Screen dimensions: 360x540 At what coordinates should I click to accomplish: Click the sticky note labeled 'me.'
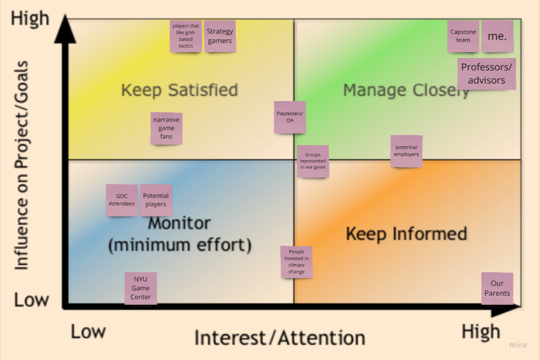coord(497,37)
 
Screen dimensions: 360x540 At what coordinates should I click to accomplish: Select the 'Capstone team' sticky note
coord(463,37)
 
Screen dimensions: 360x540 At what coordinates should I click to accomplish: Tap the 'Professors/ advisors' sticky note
coord(486,74)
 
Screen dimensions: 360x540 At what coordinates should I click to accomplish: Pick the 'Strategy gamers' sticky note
coord(220,36)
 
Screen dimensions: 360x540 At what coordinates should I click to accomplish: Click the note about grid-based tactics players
coord(186,36)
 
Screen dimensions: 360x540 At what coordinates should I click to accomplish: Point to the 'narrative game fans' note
coord(166,128)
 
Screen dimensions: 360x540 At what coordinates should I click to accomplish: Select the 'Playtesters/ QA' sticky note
coord(290,117)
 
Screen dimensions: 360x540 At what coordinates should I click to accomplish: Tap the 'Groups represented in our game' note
coord(313,161)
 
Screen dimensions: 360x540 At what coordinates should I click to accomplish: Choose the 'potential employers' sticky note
coord(406,151)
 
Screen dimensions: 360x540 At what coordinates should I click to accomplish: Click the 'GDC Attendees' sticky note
coord(122,200)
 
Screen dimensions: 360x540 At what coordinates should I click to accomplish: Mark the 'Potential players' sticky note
coord(156,200)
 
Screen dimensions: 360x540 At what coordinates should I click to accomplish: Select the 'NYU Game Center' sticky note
coord(141,288)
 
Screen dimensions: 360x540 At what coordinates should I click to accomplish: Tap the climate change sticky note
coord(297,262)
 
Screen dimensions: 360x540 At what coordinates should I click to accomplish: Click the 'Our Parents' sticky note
coord(497,289)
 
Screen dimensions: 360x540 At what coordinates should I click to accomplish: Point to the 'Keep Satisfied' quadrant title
coord(179,90)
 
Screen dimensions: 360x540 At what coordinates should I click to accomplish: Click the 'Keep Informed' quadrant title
coord(407,234)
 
